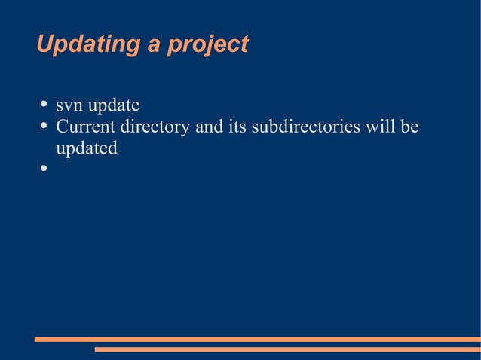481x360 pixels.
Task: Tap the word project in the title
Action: click(207, 45)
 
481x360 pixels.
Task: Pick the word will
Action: click(381, 127)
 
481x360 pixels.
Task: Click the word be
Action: click(409, 127)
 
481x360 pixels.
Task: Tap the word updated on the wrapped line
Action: click(87, 148)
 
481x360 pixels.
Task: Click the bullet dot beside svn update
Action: click(44, 105)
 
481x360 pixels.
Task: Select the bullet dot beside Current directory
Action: click(44, 126)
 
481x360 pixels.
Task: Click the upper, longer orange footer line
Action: click(257, 340)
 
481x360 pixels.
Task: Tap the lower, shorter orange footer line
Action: click(287, 349)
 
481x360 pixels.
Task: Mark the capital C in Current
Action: click(62, 127)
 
